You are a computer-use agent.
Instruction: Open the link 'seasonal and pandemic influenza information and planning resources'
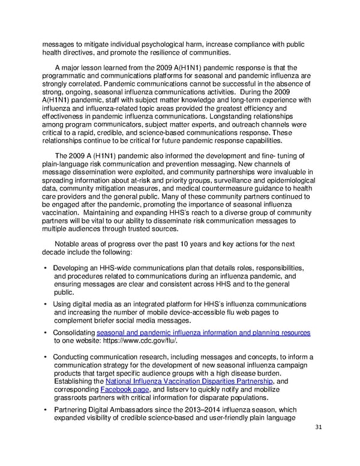click(x=203, y=333)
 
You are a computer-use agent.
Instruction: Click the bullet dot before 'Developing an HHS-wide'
click(x=46, y=268)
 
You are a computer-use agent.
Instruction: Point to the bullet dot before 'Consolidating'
click(x=46, y=333)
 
